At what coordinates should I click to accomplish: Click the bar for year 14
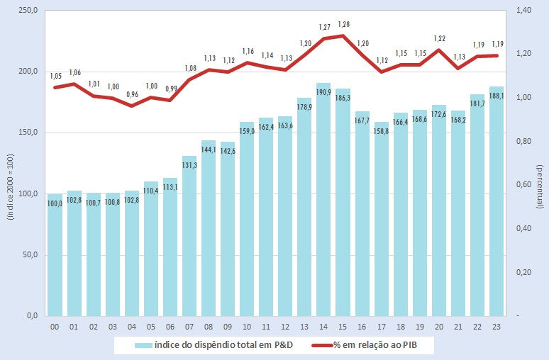pos(324,206)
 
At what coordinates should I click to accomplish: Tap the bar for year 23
pos(497,206)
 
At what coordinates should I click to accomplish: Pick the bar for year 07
pos(189,241)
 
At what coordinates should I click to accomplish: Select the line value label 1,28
pos(343,25)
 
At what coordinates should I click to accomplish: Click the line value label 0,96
pos(131,94)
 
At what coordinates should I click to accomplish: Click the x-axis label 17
pos(382,326)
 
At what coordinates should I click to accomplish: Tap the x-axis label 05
pos(150,326)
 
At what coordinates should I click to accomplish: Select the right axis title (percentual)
pos(540,183)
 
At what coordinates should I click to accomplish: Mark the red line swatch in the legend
pos(326,345)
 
